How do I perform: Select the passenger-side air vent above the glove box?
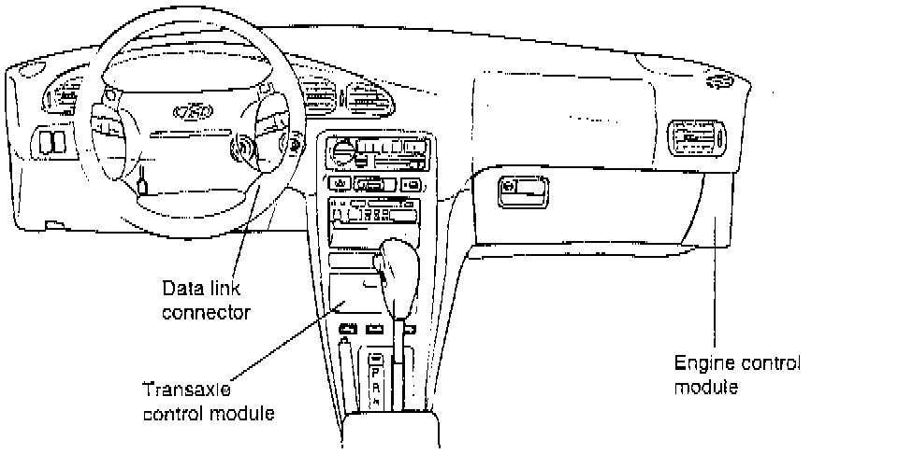(x=697, y=140)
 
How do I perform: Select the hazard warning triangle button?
(x=339, y=183)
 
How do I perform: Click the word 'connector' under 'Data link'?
(x=205, y=311)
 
